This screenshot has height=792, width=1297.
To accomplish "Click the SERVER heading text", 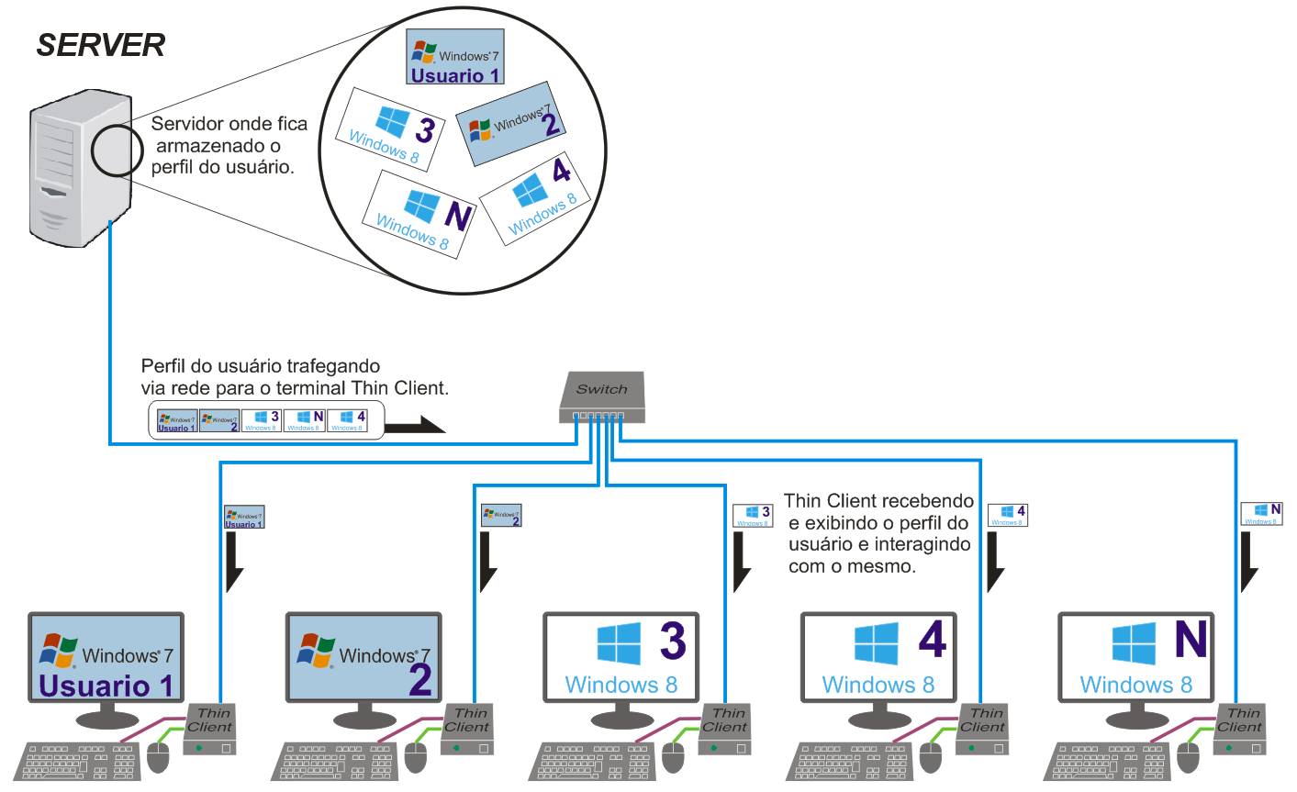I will coord(101,45).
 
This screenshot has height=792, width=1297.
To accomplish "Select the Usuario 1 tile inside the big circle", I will coord(455,57).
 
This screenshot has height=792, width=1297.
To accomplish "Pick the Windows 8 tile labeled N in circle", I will coord(419,216).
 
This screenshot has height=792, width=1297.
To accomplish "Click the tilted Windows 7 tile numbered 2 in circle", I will coord(509,124).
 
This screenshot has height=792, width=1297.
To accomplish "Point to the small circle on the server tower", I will coord(117,150).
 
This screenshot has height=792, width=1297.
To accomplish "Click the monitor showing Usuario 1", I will coord(106,659).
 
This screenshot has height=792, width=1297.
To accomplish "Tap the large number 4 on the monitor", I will coord(932,640).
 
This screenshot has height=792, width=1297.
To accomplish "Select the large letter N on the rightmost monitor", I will coord(1191,640).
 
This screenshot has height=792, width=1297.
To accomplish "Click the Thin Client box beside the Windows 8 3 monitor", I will coord(724,730).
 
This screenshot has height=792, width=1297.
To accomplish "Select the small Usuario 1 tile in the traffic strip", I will coord(176,421).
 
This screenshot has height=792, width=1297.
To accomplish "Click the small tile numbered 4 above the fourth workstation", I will coord(1007,515).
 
